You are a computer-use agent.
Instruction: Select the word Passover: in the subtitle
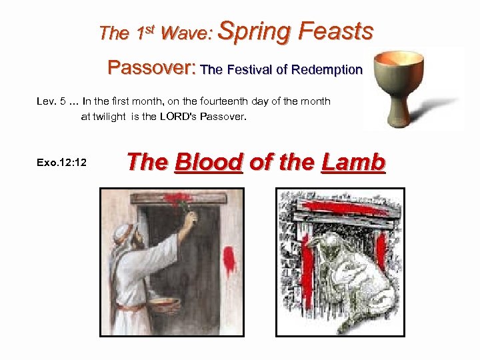(x=151, y=68)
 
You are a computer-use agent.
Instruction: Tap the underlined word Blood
(x=207, y=162)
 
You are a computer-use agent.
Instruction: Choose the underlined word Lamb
(x=353, y=162)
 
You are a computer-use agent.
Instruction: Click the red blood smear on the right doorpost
(x=229, y=259)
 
